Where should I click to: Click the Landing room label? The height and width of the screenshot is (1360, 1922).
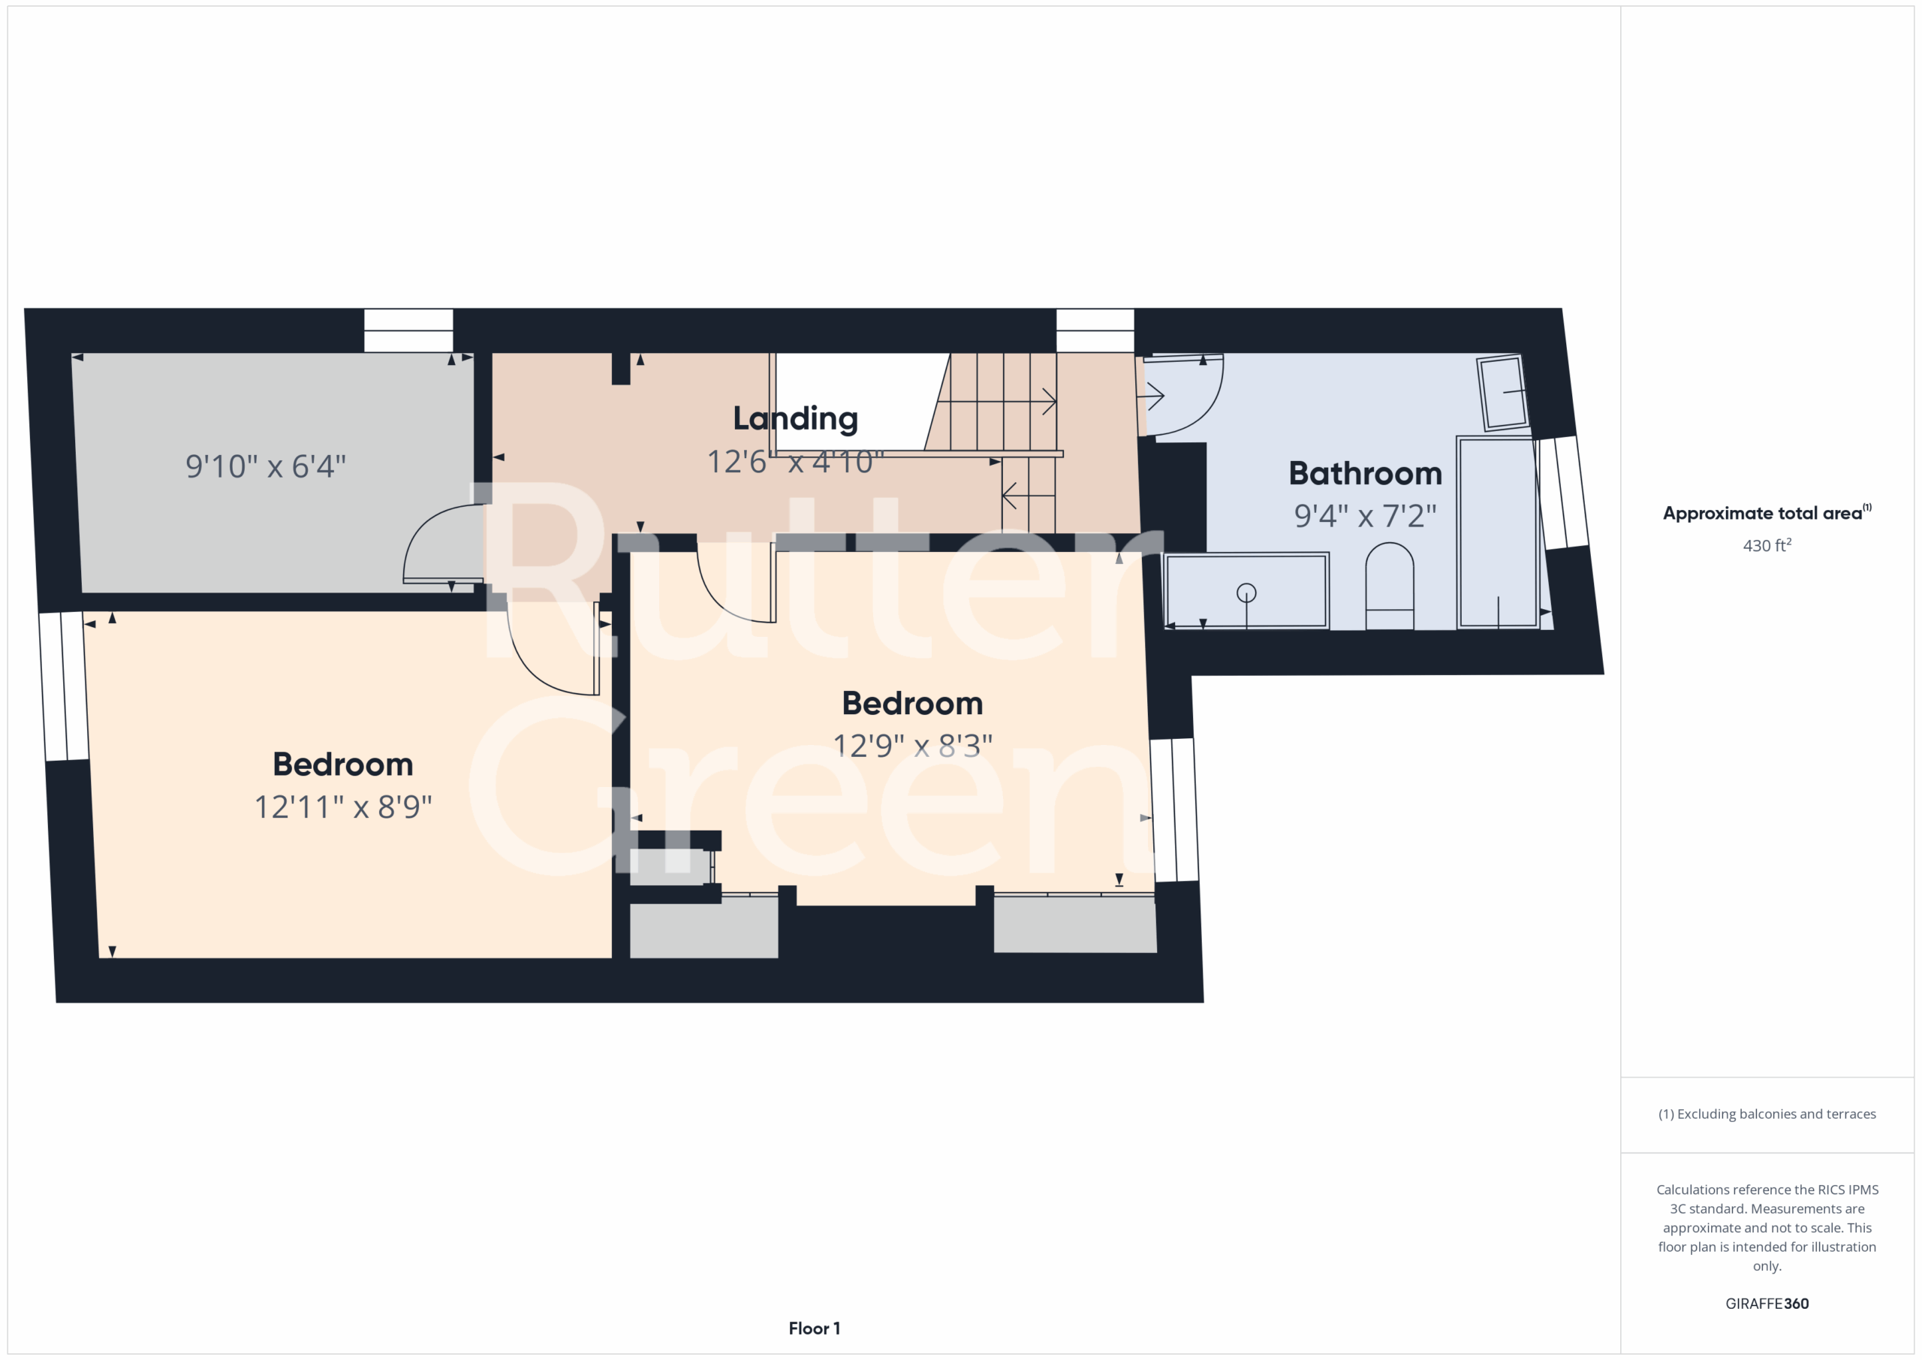pyautogui.click(x=795, y=418)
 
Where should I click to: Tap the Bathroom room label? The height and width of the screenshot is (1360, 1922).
pyautogui.click(x=1366, y=473)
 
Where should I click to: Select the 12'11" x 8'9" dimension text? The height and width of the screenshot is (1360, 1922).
pyautogui.click(x=343, y=807)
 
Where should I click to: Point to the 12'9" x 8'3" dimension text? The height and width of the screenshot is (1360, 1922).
pyautogui.click(x=912, y=745)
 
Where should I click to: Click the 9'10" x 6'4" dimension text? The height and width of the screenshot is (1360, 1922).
pyautogui.click(x=265, y=466)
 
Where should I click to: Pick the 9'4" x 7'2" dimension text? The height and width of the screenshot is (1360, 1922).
pyautogui.click(x=1366, y=516)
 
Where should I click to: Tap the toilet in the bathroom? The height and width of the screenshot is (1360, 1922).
pyautogui.click(x=1390, y=587)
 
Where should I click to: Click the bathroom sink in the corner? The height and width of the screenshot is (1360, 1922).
pyautogui.click(x=1502, y=393)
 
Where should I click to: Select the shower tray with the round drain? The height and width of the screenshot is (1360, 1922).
pyautogui.click(x=1246, y=590)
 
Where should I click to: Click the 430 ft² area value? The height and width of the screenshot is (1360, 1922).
pyautogui.click(x=1767, y=545)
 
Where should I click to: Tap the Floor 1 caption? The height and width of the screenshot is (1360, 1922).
pyautogui.click(x=814, y=1328)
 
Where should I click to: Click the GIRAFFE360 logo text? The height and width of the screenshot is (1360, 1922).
pyautogui.click(x=1767, y=1303)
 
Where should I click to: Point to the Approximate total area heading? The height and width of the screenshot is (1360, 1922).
pyautogui.click(x=1767, y=512)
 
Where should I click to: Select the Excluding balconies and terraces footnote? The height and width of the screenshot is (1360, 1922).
pyautogui.click(x=1767, y=1114)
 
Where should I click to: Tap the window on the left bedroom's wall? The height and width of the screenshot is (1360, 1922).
pyautogui.click(x=64, y=686)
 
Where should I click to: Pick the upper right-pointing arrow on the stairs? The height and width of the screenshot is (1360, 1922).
pyautogui.click(x=996, y=401)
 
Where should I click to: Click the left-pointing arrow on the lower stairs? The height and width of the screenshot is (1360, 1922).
pyautogui.click(x=1028, y=496)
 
